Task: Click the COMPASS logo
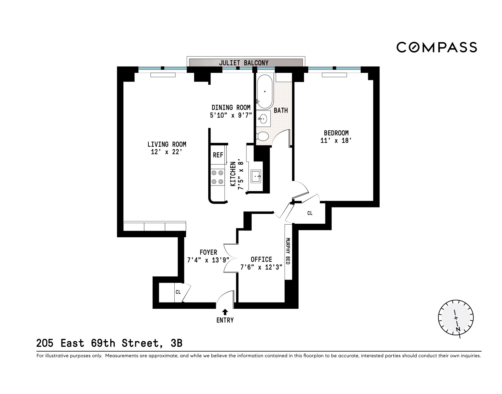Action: tap(437, 47)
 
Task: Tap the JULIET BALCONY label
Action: tap(244, 63)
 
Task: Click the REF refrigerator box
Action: tap(218, 155)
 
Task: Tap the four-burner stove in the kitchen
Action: tap(217, 177)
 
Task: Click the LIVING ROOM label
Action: tap(167, 144)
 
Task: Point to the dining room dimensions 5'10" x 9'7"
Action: tap(231, 115)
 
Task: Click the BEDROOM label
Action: tap(336, 133)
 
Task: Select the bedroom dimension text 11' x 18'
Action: tap(336, 141)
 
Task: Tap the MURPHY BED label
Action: tap(288, 251)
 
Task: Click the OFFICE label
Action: tap(261, 259)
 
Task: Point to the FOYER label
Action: tap(208, 252)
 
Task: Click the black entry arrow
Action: tap(225, 312)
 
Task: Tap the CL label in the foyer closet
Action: tap(178, 292)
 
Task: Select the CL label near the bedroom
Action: tap(310, 213)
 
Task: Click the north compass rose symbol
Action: tap(456, 317)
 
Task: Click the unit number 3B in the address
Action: tap(176, 343)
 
